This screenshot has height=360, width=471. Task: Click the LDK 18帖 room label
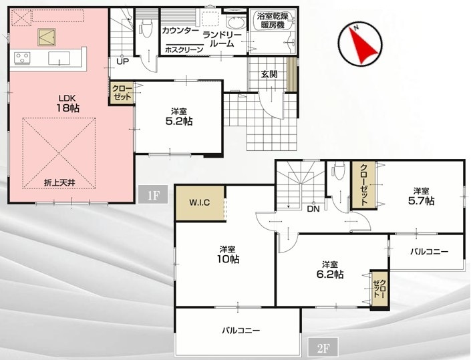[x=67, y=104]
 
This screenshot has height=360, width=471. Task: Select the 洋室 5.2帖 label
[x=179, y=117]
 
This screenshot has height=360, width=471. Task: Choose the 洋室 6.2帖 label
[x=330, y=270]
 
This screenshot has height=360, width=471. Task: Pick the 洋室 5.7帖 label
[x=421, y=196]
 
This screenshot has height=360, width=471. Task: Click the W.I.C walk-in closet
[x=200, y=203]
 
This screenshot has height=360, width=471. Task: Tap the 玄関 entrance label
[x=269, y=74]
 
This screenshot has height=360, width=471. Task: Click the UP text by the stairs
[x=122, y=62]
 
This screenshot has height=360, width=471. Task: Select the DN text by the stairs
[x=313, y=209]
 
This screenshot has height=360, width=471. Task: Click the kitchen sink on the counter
[x=59, y=58]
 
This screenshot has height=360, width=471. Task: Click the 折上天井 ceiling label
[x=59, y=182]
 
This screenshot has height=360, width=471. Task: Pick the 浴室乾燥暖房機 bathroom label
[x=273, y=21]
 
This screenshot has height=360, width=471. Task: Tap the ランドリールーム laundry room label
[x=222, y=39]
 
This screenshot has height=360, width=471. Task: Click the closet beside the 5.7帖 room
[x=363, y=184]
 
